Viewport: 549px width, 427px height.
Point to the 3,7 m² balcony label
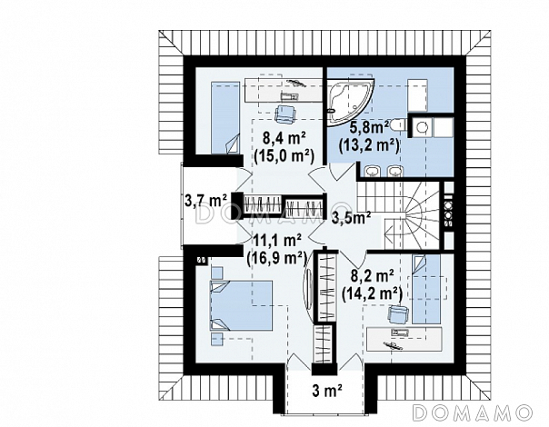[205, 201]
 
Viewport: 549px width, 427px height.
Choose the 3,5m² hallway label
[351, 217]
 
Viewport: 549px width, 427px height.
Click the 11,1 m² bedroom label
[278, 241]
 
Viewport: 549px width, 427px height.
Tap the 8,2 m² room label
[372, 276]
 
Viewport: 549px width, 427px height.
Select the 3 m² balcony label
[327, 391]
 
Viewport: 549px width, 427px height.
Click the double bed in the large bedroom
[241, 305]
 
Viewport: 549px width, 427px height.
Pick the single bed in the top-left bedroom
[225, 117]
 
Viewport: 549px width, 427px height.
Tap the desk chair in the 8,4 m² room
[285, 114]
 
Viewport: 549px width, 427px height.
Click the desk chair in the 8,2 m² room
[399, 313]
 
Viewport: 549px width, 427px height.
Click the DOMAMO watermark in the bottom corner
[473, 413]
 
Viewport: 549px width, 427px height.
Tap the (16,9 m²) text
[276, 259]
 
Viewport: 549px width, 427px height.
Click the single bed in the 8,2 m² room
[426, 289]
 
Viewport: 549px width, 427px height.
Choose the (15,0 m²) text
[284, 155]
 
